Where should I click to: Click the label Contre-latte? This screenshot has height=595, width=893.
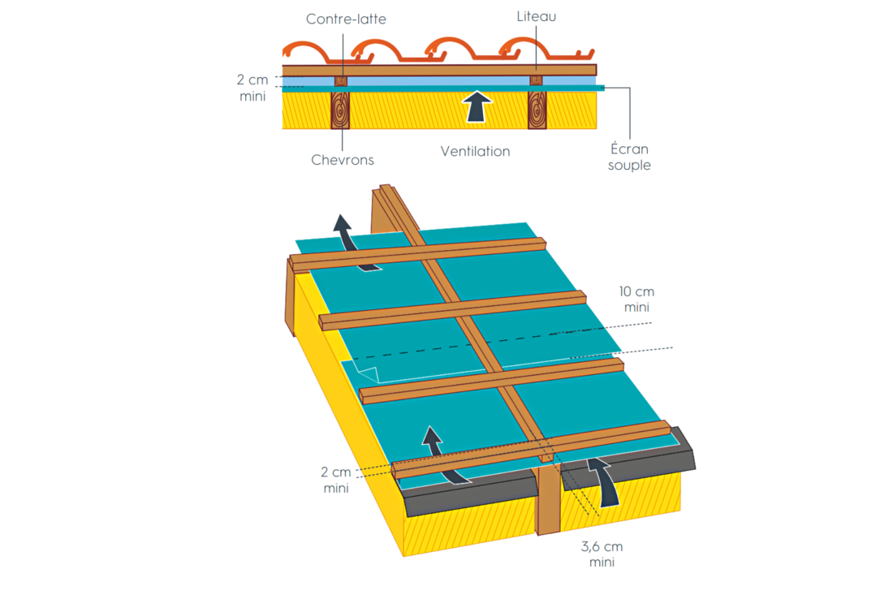coord(346,19)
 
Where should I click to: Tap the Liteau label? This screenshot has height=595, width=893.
coord(536,16)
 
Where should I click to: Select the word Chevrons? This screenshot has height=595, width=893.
coord(343,160)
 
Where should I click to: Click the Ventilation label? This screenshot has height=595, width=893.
coord(475,152)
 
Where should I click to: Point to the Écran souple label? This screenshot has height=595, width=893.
coord(629,157)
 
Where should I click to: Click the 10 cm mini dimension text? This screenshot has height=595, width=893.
coord(636,299)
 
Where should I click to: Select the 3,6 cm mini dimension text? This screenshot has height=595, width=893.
coord(602,554)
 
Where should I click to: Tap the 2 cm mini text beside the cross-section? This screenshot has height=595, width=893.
coord(252,88)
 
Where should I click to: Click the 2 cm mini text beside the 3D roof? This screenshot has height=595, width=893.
coord(335,480)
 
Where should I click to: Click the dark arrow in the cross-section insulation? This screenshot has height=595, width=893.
coord(476,107)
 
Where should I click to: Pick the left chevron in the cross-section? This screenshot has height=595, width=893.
coord(340,110)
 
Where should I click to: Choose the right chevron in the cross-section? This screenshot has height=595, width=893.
coord(537,110)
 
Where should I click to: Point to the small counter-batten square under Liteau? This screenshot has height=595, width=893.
coord(536,81)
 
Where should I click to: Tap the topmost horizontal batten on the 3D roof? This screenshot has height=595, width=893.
coord(417,254)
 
